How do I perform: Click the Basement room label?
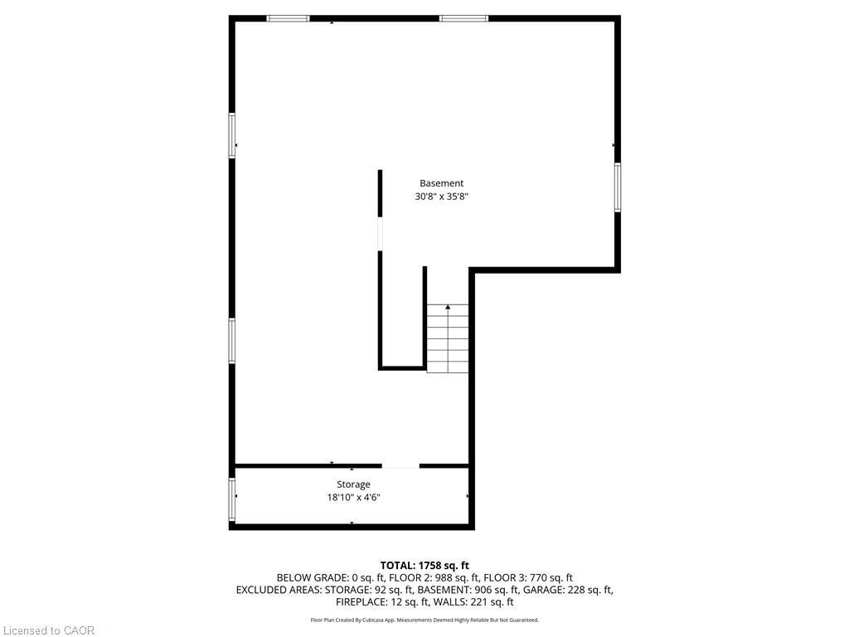(441, 183)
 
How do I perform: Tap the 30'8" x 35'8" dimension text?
(441, 197)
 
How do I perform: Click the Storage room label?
(353, 484)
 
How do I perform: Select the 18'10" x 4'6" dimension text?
(353, 498)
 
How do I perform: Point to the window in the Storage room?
(232, 498)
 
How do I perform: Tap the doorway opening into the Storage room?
(400, 467)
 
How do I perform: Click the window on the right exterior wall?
(618, 187)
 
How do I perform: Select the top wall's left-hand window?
(288, 18)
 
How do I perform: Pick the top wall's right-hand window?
(463, 18)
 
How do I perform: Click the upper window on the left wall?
(232, 135)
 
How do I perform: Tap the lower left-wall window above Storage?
(232, 340)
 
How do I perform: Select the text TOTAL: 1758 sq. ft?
(424, 566)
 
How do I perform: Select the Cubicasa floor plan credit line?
(424, 620)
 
